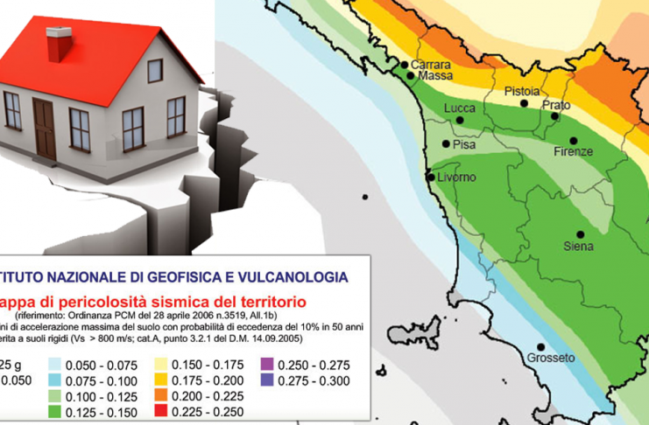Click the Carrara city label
pos(430,65)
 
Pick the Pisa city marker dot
pos(446,143)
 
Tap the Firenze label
pos(574,152)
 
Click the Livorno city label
pos(456,178)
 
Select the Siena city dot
pos(580,233)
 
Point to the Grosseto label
pos(550,358)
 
